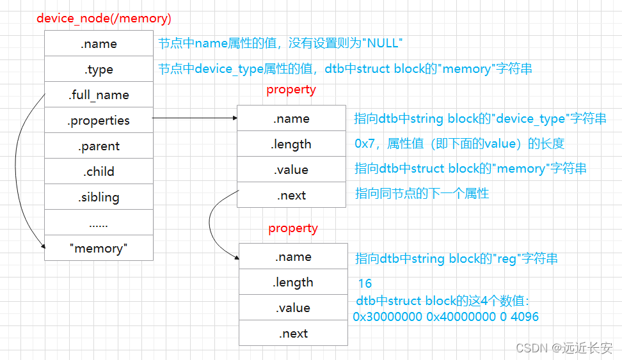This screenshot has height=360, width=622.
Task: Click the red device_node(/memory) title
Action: coord(104,18)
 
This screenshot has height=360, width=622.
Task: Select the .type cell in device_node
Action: coord(99,69)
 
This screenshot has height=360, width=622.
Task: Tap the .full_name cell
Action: coord(99,95)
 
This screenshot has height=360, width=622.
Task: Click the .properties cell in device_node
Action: coord(99,120)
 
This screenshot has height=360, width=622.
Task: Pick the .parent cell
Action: coord(99,146)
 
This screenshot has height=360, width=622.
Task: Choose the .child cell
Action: coord(99,171)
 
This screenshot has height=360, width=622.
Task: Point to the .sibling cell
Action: coord(99,197)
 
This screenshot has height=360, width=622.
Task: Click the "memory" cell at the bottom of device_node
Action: coord(99,248)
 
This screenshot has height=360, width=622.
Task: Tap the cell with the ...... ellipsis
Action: coord(99,223)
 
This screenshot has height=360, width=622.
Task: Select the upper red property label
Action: coord(291,90)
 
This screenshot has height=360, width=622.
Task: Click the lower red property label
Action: coord(293,228)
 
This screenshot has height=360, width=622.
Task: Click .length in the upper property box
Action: coord(291,144)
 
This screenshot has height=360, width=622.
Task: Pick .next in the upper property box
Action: coord(291,195)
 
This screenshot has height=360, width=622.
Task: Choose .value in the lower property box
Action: coord(293,308)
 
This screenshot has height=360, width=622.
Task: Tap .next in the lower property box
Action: coord(293,333)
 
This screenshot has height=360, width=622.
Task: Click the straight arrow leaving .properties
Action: coord(195,118)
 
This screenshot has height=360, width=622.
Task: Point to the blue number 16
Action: coord(365,283)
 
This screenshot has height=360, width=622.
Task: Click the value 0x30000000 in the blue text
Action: coord(388,317)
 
